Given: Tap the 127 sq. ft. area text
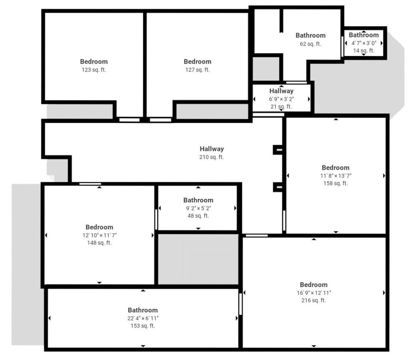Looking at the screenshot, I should click(x=198, y=70).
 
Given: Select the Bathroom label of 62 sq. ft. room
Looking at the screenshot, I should click(x=311, y=35).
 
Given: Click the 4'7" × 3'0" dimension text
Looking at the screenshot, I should click(x=364, y=43).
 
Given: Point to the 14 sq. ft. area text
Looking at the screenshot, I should click(x=364, y=50).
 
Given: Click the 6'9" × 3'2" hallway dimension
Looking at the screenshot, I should click(x=281, y=99).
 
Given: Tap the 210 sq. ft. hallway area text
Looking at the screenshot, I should click(x=212, y=157).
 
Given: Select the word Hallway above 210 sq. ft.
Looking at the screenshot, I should click(x=212, y=149).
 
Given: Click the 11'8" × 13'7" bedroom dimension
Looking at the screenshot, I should click(x=335, y=176).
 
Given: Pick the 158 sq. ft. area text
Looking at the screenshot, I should click(x=335, y=183).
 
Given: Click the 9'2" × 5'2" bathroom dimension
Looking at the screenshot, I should click(x=198, y=208).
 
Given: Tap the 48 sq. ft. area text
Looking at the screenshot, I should click(x=198, y=216).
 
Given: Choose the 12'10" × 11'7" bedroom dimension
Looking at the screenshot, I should click(x=99, y=235).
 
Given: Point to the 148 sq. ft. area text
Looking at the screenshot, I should click(x=99, y=243).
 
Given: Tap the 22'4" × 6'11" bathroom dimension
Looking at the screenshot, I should click(x=142, y=318).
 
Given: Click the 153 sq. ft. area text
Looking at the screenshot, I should click(x=142, y=325).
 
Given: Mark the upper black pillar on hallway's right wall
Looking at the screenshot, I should click(x=278, y=150).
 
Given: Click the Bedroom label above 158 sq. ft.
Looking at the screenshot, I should click(x=335, y=167).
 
